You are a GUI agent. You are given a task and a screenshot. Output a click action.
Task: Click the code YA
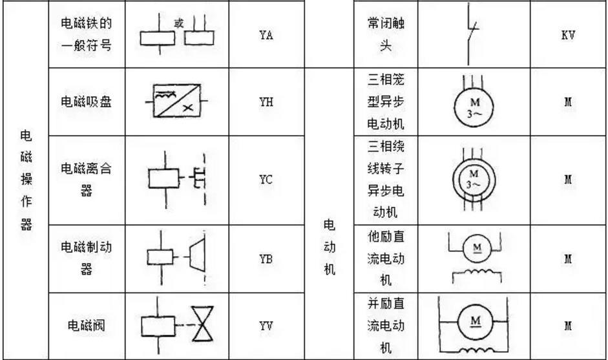click(x=263, y=36)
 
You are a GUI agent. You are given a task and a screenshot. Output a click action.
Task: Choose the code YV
click(x=263, y=326)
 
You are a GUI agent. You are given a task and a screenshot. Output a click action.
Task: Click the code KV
click(x=569, y=36)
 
